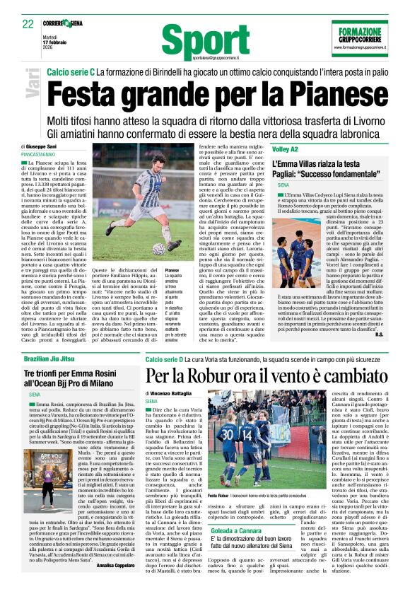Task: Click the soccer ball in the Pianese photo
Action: point(158,249)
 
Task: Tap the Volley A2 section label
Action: point(286,149)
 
